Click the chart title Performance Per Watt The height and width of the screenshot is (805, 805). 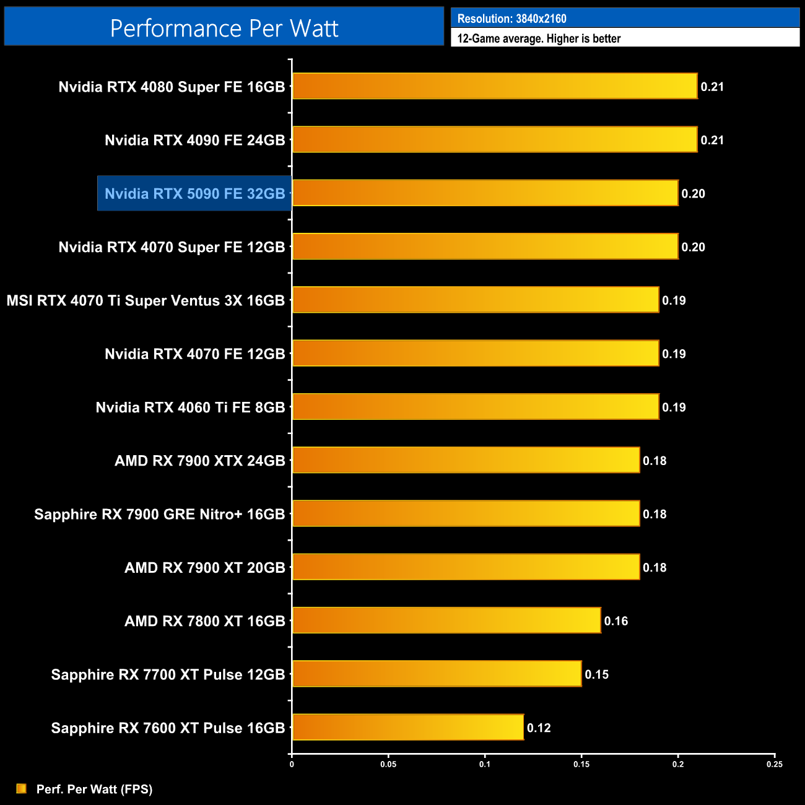[224, 28]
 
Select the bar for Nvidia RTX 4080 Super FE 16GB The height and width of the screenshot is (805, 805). [494, 86]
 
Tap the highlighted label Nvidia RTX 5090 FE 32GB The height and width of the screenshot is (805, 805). [194, 194]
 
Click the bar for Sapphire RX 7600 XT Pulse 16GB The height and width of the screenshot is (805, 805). [407, 727]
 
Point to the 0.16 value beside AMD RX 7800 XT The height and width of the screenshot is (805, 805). [616, 621]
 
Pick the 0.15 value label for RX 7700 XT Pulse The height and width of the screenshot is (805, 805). [597, 674]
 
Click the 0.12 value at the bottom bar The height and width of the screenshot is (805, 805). [539, 728]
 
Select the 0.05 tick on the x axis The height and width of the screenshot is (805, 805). [388, 764]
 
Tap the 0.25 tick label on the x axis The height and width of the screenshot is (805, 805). [775, 764]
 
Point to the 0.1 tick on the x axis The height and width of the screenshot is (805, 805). [485, 764]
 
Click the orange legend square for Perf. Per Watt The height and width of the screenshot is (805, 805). [22, 788]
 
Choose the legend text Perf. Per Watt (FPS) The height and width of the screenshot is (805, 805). [94, 789]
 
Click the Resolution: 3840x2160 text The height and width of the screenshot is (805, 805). [511, 19]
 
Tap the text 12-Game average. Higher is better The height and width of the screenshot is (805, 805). [539, 38]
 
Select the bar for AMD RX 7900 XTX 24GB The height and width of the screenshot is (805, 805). [466, 460]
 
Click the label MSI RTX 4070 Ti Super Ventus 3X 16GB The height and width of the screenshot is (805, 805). [146, 301]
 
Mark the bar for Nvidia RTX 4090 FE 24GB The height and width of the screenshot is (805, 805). [494, 139]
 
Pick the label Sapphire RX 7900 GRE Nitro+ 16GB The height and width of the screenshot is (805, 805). [159, 515]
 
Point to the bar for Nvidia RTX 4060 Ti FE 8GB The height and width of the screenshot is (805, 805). [475, 407]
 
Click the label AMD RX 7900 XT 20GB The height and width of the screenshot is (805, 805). [204, 568]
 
